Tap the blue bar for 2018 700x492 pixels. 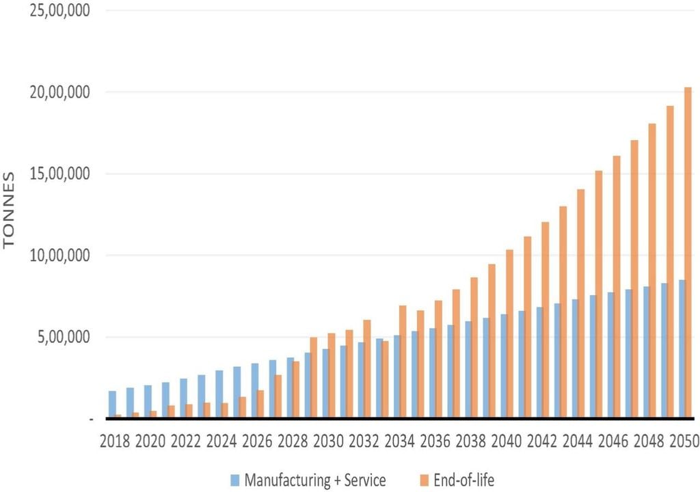coord(112,404)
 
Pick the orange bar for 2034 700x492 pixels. coord(403,361)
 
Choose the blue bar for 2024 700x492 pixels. coord(219,394)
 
